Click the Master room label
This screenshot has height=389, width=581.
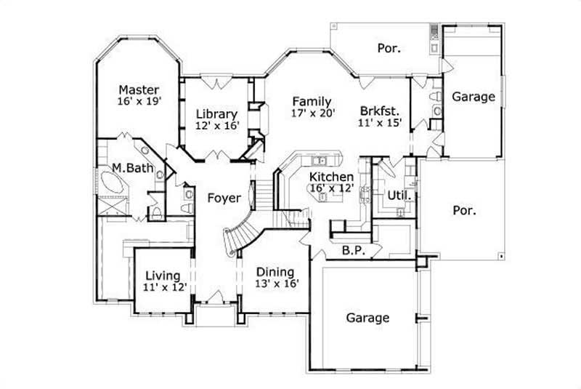point(139,89)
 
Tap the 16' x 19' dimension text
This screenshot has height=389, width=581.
point(139,102)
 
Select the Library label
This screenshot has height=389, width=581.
point(216,114)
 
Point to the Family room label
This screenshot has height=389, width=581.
point(312,101)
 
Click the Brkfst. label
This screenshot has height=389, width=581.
point(379,111)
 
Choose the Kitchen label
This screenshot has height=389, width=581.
point(331,177)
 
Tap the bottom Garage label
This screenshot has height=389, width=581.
point(367,318)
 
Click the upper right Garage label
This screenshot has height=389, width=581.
point(474,96)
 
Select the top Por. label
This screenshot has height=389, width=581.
point(389,48)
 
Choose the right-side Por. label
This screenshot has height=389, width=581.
point(465,211)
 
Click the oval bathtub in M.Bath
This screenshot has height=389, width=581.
point(114,186)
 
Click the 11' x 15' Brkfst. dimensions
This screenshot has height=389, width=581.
point(380,124)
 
